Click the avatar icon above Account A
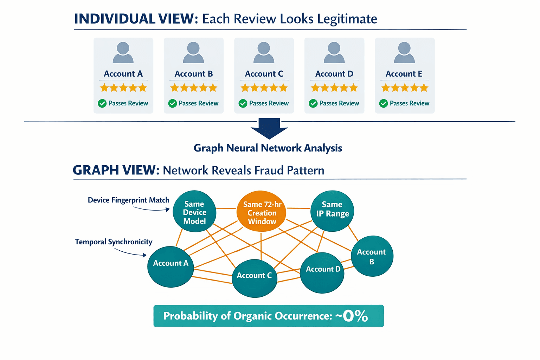click(123, 53)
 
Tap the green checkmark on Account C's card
click(243, 103)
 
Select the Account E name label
click(404, 74)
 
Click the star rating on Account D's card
click(334, 88)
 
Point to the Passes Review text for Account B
click(198, 103)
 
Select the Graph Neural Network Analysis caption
click(268, 148)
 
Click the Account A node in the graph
click(171, 266)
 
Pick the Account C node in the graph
click(254, 278)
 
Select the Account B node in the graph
click(372, 256)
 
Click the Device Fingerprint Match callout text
click(128, 200)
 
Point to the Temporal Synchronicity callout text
click(114, 242)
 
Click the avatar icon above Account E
click(404, 53)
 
